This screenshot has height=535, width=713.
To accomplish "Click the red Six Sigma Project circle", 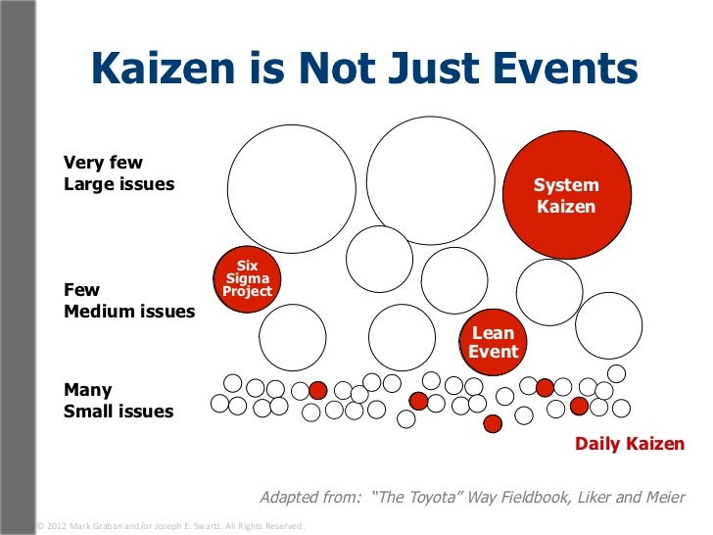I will click(247, 278).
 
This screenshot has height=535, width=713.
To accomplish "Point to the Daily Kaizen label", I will click(630, 444).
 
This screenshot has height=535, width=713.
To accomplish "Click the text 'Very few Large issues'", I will click(119, 172).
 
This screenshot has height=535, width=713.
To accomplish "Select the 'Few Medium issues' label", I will click(128, 301).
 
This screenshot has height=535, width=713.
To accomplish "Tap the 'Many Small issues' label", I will click(118, 401).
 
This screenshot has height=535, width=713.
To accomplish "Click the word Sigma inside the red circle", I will click(247, 278).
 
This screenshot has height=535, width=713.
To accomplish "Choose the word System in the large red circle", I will click(565, 185).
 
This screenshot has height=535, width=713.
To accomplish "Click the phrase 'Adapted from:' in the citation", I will click(310, 497).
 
